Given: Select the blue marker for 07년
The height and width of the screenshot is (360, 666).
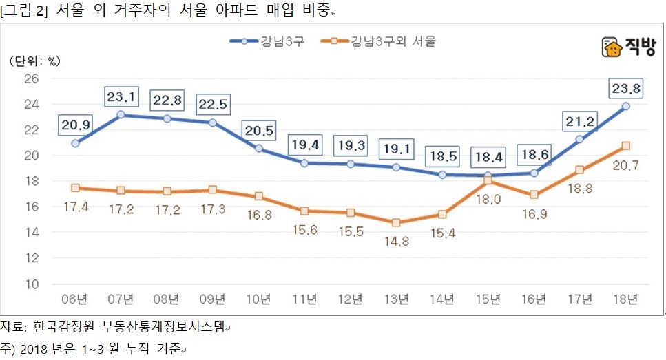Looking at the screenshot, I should (x=121, y=114).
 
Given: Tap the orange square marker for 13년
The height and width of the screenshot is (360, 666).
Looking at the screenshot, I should (x=396, y=222).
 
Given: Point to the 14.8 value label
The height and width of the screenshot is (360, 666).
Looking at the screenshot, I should (x=396, y=241).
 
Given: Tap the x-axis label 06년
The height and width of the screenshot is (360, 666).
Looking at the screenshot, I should (x=74, y=299).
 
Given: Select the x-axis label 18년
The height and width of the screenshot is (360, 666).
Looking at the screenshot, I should (x=625, y=299).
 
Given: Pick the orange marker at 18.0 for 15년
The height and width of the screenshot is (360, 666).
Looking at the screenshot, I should (x=488, y=180).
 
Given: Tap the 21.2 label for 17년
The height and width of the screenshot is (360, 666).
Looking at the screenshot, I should (x=579, y=122).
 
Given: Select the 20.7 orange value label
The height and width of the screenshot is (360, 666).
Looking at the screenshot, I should (x=625, y=164).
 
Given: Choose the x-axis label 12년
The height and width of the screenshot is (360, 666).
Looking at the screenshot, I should (x=350, y=299).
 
